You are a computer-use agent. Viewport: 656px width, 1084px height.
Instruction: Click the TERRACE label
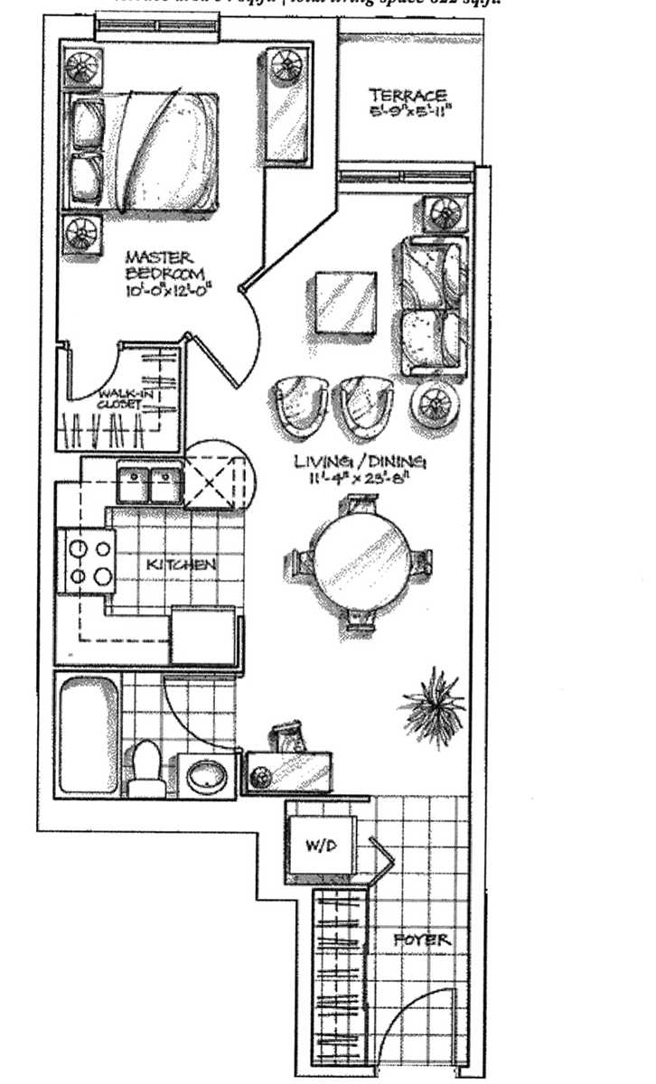pos(408,96)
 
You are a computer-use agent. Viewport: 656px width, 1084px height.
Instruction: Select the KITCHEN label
pos(181,565)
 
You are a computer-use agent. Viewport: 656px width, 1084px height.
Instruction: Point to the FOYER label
pos(422,940)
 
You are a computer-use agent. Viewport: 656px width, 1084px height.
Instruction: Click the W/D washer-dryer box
pos(320,847)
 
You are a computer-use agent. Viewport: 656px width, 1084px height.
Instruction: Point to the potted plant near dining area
pos(435,699)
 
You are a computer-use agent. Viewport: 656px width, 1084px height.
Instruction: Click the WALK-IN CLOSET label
pos(121,398)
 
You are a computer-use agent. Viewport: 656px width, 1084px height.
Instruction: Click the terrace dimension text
pos(408,115)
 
